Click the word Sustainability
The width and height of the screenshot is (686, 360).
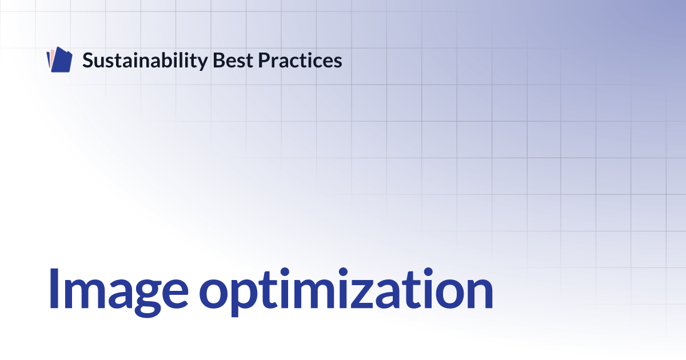pyautogui.click(x=145, y=61)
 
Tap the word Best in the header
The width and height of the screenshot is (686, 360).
pyautogui.click(x=233, y=60)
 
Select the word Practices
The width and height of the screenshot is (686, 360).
pyautogui.click(x=300, y=60)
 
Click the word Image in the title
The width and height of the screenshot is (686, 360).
pyautogui.click(x=118, y=292)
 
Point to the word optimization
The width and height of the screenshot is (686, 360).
pyautogui.click(x=346, y=292)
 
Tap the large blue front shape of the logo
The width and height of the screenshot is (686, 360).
pyautogui.click(x=62, y=59)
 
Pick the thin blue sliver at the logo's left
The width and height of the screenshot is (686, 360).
pyautogui.click(x=48, y=59)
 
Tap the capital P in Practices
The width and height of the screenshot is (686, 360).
pyautogui.click(x=264, y=60)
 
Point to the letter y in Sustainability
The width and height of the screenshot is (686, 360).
pyautogui.click(x=202, y=63)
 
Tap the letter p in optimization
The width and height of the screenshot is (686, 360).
pyautogui.click(x=244, y=298)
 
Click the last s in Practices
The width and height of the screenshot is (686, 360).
pyautogui.click(x=336, y=62)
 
